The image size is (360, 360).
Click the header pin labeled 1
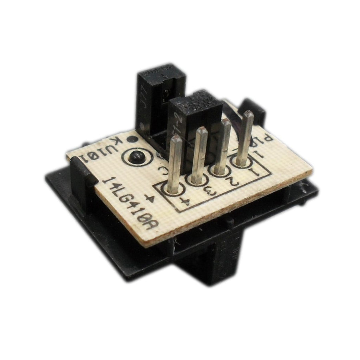coord(244,138)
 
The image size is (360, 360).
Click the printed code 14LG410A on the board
coord(128,204)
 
